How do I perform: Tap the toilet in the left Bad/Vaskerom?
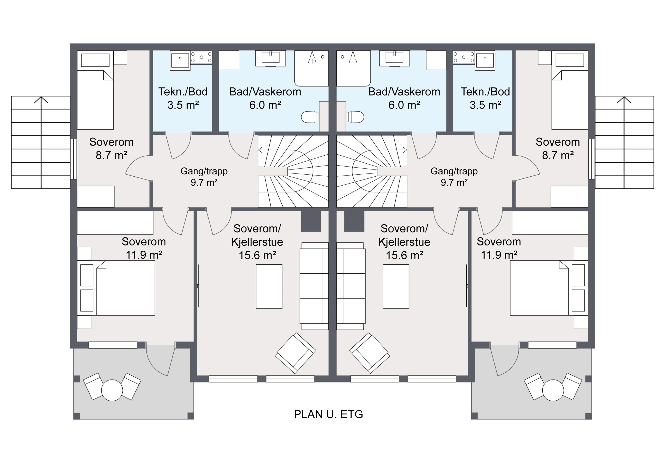pyautogui.click(x=310, y=117)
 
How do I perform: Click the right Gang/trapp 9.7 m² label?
pyautogui.click(x=454, y=177)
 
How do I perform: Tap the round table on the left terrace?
pyautogui.click(x=112, y=390)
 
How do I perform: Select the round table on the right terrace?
pyautogui.click(x=553, y=390)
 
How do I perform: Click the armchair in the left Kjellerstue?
pyautogui.click(x=295, y=353)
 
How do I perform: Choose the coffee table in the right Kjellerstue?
pyautogui.click(x=396, y=286)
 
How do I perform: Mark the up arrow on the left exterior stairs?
pyautogui.click(x=41, y=99)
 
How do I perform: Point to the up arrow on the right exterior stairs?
pyautogui.click(x=624, y=99)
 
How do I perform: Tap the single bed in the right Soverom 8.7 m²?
pyautogui.click(x=570, y=90)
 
